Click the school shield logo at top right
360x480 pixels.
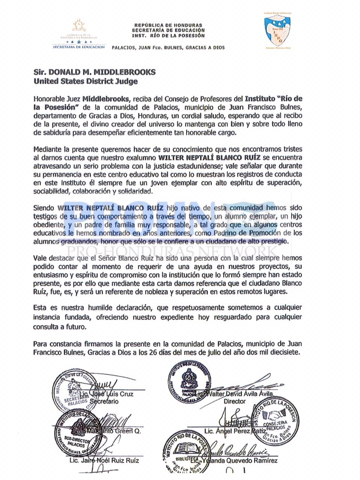click(x=277, y=31)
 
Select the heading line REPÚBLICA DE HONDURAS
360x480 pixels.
click(x=168, y=25)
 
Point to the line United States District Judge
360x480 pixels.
click(x=85, y=81)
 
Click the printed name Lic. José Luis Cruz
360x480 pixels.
click(x=106, y=394)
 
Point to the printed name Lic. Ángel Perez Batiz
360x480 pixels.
click(x=235, y=432)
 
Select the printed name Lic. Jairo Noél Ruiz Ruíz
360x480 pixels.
click(x=104, y=460)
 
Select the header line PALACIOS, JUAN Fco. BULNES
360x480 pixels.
click(x=168, y=48)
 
